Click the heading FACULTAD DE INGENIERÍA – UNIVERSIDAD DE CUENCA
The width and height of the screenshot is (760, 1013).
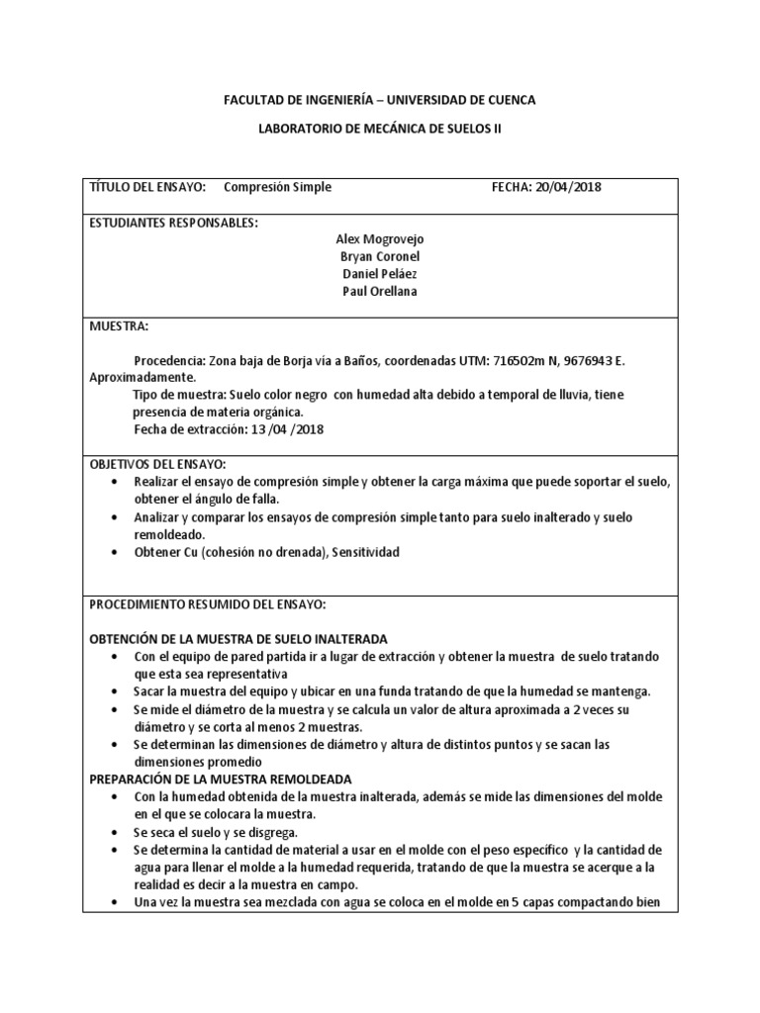click(x=380, y=100)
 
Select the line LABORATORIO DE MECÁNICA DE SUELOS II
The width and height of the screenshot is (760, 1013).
click(x=380, y=129)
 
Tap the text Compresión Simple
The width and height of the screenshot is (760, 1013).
click(x=278, y=187)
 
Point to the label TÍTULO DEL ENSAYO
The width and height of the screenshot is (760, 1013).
click(x=147, y=187)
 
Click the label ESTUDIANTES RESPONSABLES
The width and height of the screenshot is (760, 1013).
click(x=174, y=223)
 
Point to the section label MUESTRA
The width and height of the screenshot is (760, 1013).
click(x=120, y=325)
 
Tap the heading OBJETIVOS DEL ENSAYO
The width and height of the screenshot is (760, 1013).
click(x=158, y=464)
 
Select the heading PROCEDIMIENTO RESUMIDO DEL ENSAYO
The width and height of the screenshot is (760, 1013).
click(x=208, y=603)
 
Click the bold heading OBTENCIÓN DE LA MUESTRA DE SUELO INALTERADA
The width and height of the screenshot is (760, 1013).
click(x=238, y=639)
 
